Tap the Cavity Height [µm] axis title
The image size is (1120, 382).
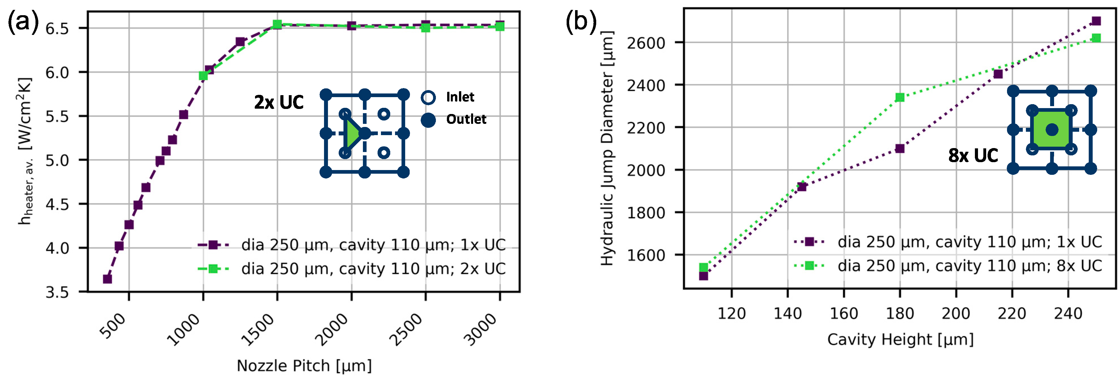pyautogui.click(x=900, y=339)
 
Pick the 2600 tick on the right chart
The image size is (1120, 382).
pyautogui.click(x=646, y=43)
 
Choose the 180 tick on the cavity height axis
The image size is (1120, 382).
pyautogui.click(x=900, y=313)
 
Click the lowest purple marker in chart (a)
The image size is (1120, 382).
pyautogui.click(x=107, y=279)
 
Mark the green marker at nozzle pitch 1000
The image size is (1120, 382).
pyautogui.click(x=203, y=76)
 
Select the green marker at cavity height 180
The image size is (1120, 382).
pyautogui.click(x=900, y=97)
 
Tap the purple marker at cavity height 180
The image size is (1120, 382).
pyautogui.click(x=900, y=149)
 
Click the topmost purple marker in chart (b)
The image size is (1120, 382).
pyautogui.click(x=1096, y=21)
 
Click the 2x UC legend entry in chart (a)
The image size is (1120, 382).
pyautogui.click(x=373, y=269)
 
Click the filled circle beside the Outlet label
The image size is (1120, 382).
pyautogui.click(x=428, y=120)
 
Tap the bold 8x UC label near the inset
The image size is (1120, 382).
pyautogui.click(x=973, y=156)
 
